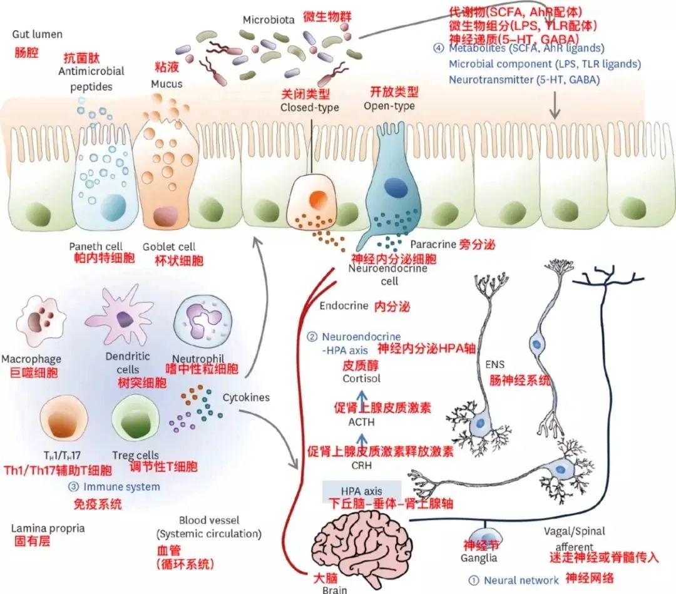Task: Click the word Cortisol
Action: pos(361,379)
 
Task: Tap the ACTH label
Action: pos(361,422)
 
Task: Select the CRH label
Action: pos(361,465)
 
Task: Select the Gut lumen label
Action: pos(37,34)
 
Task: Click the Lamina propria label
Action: pos(48,528)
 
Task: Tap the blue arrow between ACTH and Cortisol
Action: pos(361,399)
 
